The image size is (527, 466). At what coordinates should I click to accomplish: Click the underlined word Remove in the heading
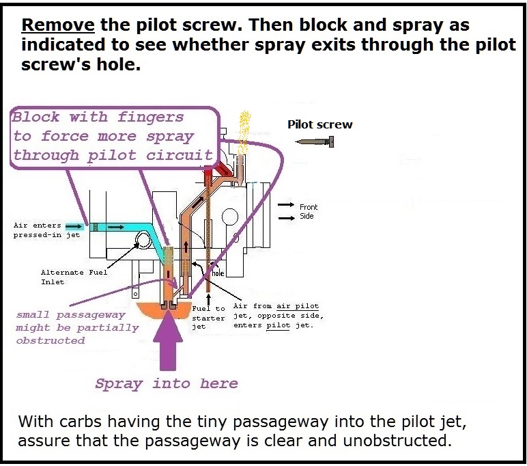click(58, 26)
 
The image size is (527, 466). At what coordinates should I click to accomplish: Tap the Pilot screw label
click(320, 124)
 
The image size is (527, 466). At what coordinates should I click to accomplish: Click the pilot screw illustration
click(315, 141)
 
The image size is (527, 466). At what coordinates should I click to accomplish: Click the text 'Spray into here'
click(167, 383)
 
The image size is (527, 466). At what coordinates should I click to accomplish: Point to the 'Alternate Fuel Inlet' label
click(74, 277)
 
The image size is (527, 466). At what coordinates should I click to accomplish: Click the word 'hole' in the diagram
click(218, 273)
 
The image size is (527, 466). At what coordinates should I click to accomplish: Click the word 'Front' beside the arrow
click(309, 206)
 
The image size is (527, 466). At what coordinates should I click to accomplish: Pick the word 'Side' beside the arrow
click(307, 216)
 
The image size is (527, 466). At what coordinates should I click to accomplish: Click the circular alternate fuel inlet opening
click(145, 240)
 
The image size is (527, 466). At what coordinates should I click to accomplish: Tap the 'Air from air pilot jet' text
click(276, 306)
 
